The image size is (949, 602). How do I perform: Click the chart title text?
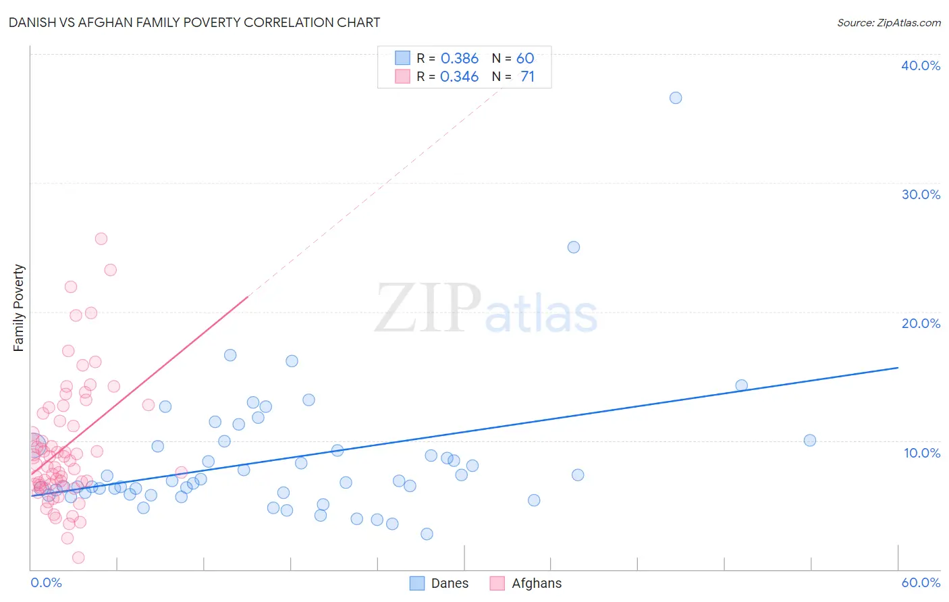point(194,22)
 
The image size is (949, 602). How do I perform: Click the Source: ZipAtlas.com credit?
point(888,22)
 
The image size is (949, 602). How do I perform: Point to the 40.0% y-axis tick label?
point(921,65)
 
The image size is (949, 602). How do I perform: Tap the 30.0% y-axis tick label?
point(921,194)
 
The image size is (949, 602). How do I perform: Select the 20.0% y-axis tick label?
point(921,323)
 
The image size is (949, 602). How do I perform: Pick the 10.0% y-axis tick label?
point(922,453)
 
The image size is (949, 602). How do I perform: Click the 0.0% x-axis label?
point(46,582)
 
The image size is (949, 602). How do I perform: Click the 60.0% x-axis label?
point(921,582)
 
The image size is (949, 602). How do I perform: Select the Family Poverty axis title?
point(19,308)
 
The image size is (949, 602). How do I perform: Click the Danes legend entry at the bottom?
point(439,583)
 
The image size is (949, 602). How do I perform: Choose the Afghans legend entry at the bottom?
point(526,583)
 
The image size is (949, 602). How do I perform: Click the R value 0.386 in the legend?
point(459,59)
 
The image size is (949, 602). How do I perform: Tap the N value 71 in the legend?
point(527,77)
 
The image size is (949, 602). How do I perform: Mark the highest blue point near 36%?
point(676,98)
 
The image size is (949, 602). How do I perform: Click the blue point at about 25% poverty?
point(574,247)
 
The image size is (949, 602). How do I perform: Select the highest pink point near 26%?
point(101,239)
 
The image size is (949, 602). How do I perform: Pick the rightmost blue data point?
point(810,441)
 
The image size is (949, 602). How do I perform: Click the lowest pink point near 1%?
point(78,557)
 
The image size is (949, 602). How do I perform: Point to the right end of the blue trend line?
point(898,368)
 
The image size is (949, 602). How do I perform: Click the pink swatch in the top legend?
point(402,77)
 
